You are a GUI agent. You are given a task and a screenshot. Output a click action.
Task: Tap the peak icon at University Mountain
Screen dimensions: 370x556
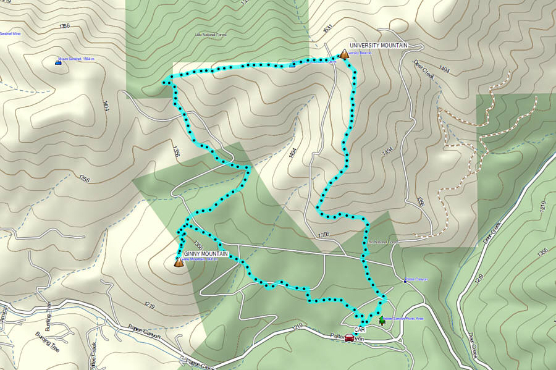point(343,54)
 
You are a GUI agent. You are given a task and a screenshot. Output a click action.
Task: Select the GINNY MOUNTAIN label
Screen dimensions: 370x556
point(206,254)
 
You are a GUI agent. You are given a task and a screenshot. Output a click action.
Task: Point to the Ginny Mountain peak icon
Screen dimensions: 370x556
point(179,263)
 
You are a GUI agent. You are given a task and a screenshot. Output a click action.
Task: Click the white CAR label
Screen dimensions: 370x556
point(360,330)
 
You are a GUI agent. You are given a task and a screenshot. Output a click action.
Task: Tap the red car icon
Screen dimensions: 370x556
point(349,337)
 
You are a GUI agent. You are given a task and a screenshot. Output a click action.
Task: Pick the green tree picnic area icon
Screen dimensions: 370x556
point(382,321)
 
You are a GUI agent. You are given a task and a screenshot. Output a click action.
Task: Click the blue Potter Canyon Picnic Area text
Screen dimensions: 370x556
point(403,318)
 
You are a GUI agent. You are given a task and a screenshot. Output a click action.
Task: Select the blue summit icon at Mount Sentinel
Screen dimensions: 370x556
point(59,62)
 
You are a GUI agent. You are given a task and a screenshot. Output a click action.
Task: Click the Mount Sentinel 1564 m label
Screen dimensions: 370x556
point(78,59)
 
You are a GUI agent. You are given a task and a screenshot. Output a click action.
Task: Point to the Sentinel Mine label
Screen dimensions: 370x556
point(14,34)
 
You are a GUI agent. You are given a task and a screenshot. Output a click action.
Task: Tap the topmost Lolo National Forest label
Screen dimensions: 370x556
point(211,35)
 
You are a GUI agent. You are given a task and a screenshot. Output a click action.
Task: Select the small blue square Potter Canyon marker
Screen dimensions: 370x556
point(405,281)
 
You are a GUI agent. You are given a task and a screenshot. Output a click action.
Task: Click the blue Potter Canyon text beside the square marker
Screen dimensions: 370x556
point(418,279)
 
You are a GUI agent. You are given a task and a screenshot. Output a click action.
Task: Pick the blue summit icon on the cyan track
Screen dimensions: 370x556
point(292,64)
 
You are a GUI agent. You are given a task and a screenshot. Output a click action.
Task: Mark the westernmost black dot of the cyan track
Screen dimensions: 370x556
point(164,82)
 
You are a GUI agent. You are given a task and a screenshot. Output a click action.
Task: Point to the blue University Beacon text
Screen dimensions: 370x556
point(360,54)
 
